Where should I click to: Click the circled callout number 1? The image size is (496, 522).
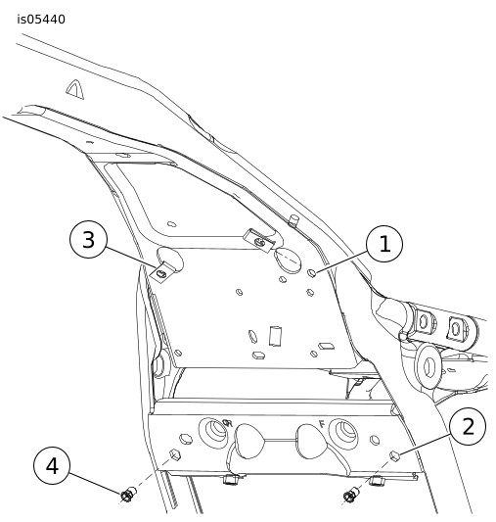[384, 244]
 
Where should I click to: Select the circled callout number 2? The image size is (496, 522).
[468, 426]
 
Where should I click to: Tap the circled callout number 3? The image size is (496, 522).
[88, 240]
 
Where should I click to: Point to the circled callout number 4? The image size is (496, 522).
[52, 465]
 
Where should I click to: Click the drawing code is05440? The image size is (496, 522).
[41, 20]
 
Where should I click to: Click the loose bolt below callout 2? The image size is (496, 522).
[350, 495]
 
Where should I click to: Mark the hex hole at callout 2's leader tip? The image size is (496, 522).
[394, 455]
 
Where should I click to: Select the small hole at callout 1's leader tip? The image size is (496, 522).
[312, 273]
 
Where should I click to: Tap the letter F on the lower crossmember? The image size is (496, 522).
[322, 424]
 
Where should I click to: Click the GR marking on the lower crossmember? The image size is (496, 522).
[227, 423]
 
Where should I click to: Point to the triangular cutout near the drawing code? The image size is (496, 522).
[75, 89]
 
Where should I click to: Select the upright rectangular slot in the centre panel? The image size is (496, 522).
[276, 336]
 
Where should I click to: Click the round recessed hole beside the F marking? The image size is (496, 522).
[343, 433]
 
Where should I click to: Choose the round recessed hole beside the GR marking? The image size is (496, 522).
[213, 432]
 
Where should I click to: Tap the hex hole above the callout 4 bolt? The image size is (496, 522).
[174, 454]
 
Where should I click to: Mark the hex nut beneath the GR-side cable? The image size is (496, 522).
[231, 481]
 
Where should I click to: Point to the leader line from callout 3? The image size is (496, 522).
[130, 258]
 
